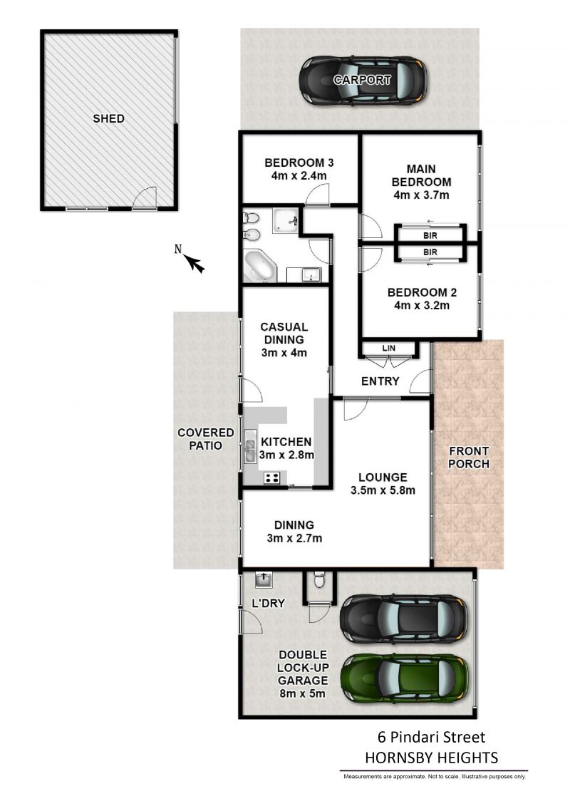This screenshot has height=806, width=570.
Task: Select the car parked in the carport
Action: click(363, 81)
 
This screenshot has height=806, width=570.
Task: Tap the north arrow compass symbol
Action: click(191, 259)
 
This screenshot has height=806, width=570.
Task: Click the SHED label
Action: click(108, 119)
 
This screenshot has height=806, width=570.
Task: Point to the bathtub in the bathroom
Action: click(260, 267)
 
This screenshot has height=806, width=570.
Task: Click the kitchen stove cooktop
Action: click(272, 478)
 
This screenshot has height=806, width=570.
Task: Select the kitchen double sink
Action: click(250, 446)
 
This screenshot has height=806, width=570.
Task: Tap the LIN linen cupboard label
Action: click(389, 348)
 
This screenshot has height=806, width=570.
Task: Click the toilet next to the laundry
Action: click(319, 579)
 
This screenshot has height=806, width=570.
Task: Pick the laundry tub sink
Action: click(264, 580)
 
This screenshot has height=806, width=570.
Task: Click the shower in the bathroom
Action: click(285, 220)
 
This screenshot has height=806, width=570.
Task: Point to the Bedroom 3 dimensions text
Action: click(299, 176)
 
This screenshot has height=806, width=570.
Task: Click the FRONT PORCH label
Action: click(469, 458)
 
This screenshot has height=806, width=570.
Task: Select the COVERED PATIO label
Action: click(206, 440)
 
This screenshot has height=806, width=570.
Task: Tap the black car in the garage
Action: click(404, 619)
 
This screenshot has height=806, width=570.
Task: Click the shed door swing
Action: click(145, 197)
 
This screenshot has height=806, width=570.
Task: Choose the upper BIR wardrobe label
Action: click(430, 235)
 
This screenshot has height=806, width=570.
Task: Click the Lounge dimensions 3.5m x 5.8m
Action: click(383, 490)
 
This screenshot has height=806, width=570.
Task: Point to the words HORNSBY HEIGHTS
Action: click(432, 758)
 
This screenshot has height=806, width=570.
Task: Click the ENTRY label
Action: click(380, 381)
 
